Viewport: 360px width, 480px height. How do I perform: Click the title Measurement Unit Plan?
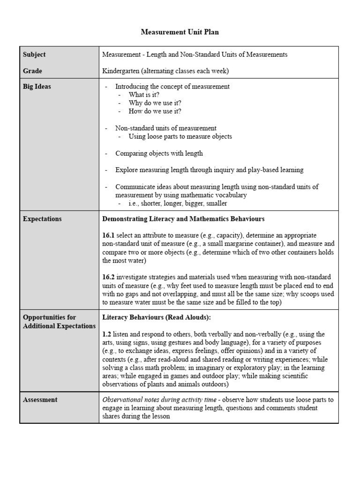tap(180, 32)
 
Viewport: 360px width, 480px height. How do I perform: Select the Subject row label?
tap(34, 54)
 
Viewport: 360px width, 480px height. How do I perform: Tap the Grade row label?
tap(32, 71)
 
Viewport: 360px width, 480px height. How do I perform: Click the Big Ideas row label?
tap(37, 86)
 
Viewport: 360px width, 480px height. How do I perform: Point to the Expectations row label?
tap(42, 219)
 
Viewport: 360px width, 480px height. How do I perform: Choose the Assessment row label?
tap(40, 400)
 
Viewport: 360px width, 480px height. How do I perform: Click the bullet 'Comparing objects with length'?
tap(159, 153)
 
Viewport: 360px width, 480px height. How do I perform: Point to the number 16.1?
tap(108, 235)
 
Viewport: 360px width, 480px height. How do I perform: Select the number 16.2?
tap(108, 277)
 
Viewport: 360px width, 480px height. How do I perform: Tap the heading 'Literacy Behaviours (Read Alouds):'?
tap(157, 317)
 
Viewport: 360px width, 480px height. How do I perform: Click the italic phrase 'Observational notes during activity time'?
tap(159, 400)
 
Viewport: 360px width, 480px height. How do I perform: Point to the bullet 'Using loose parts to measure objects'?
tap(180, 136)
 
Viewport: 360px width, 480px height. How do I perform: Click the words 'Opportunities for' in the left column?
tap(49, 317)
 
